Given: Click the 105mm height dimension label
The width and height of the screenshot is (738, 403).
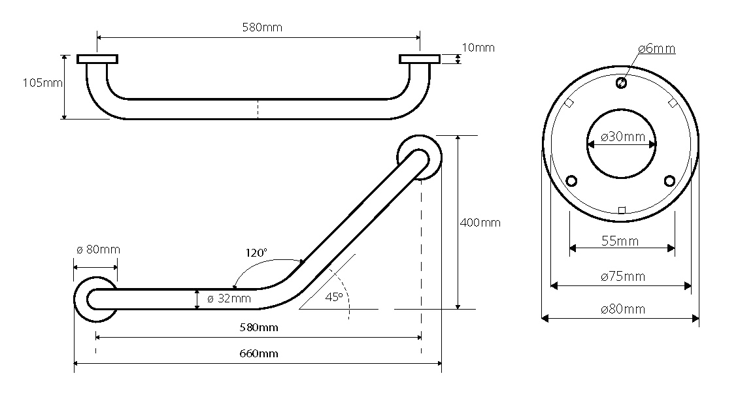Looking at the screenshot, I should click(42, 83).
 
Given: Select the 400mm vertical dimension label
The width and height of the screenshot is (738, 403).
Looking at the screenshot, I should click(480, 223).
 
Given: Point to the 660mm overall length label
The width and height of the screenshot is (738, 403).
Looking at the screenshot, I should click(259, 353).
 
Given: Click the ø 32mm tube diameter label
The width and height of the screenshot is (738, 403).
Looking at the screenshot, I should click(229, 298).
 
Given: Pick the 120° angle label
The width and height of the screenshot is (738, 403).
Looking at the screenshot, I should click(256, 253).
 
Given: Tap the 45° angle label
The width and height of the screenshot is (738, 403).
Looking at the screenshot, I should click(333, 297).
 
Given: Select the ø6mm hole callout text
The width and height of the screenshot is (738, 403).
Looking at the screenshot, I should click(656, 48).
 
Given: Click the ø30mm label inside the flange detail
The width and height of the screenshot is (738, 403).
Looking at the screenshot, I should click(622, 137).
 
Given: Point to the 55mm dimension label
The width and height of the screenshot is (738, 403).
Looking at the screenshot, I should click(620, 241).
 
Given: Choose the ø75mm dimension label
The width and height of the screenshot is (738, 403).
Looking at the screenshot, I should click(622, 276).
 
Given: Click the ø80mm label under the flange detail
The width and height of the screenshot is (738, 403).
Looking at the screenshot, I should click(622, 309).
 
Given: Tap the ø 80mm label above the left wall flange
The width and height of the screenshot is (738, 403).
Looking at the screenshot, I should click(98, 250).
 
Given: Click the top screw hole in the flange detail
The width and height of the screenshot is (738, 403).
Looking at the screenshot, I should click(621, 83).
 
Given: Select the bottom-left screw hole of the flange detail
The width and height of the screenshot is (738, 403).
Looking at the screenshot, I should click(572, 180).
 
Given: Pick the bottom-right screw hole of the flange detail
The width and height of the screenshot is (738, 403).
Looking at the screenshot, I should click(669, 180).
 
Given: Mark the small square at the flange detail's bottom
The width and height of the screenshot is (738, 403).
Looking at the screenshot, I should click(622, 210).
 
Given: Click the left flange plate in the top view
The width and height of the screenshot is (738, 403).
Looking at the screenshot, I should click(97, 59).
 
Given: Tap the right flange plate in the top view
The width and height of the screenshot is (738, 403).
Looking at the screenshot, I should click(420, 59).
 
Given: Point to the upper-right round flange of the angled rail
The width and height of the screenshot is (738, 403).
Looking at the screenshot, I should click(419, 157).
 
